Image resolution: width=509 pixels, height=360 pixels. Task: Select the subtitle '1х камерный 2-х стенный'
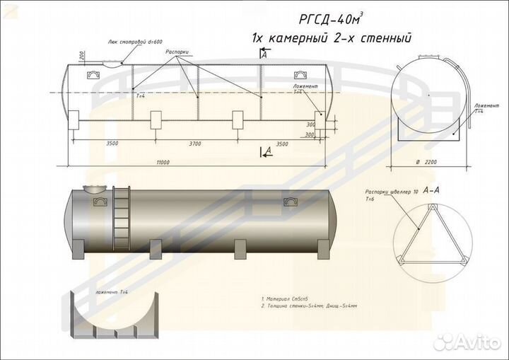click(x=332, y=38)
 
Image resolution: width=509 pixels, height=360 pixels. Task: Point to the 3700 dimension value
click(x=195, y=144)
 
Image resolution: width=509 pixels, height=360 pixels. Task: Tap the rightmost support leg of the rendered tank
click(x=320, y=247)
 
